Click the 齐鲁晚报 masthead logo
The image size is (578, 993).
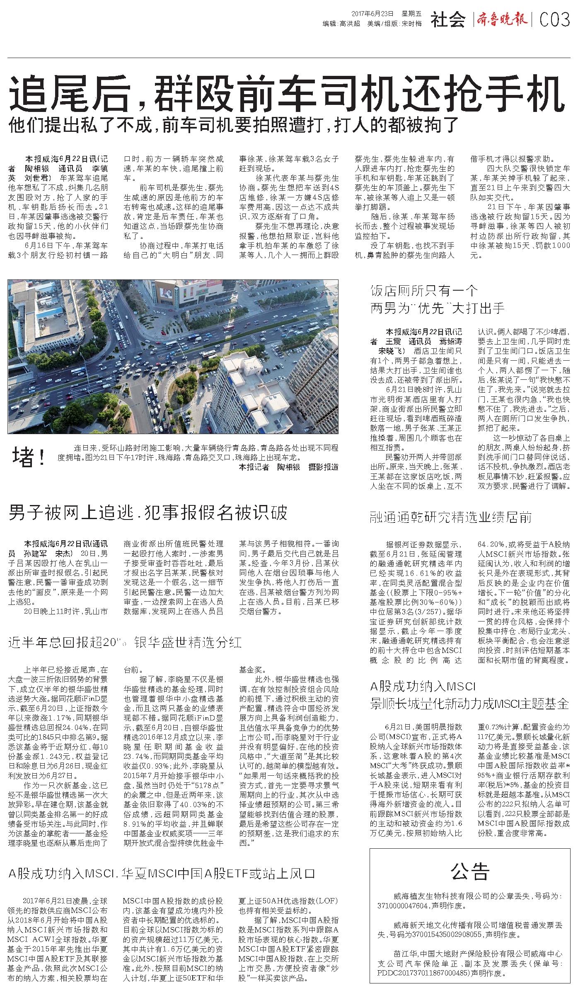click(502, 19)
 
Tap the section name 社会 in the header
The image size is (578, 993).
click(448, 20)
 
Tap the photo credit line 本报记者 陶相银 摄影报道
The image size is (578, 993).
click(288, 467)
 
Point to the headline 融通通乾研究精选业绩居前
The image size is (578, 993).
click(451, 517)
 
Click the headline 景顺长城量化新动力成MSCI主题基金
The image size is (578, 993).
click(469, 704)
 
